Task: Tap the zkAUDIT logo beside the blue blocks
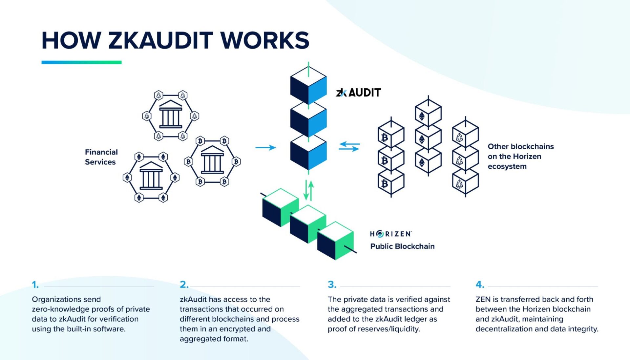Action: [x=358, y=93]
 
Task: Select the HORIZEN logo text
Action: [x=390, y=234]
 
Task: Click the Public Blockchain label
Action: [x=402, y=246]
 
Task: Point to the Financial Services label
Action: [x=101, y=157]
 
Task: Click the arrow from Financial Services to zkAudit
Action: [x=265, y=148]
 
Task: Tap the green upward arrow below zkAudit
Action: [x=311, y=190]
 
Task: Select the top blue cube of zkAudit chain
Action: [x=308, y=85]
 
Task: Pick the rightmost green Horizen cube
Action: [x=335, y=241]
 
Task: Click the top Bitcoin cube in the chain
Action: [x=391, y=135]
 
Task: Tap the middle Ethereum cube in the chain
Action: [x=428, y=138]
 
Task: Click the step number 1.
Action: [x=35, y=285]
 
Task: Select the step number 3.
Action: [x=332, y=285]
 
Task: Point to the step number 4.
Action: [x=480, y=285]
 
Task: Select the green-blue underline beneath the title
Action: [x=81, y=62]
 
